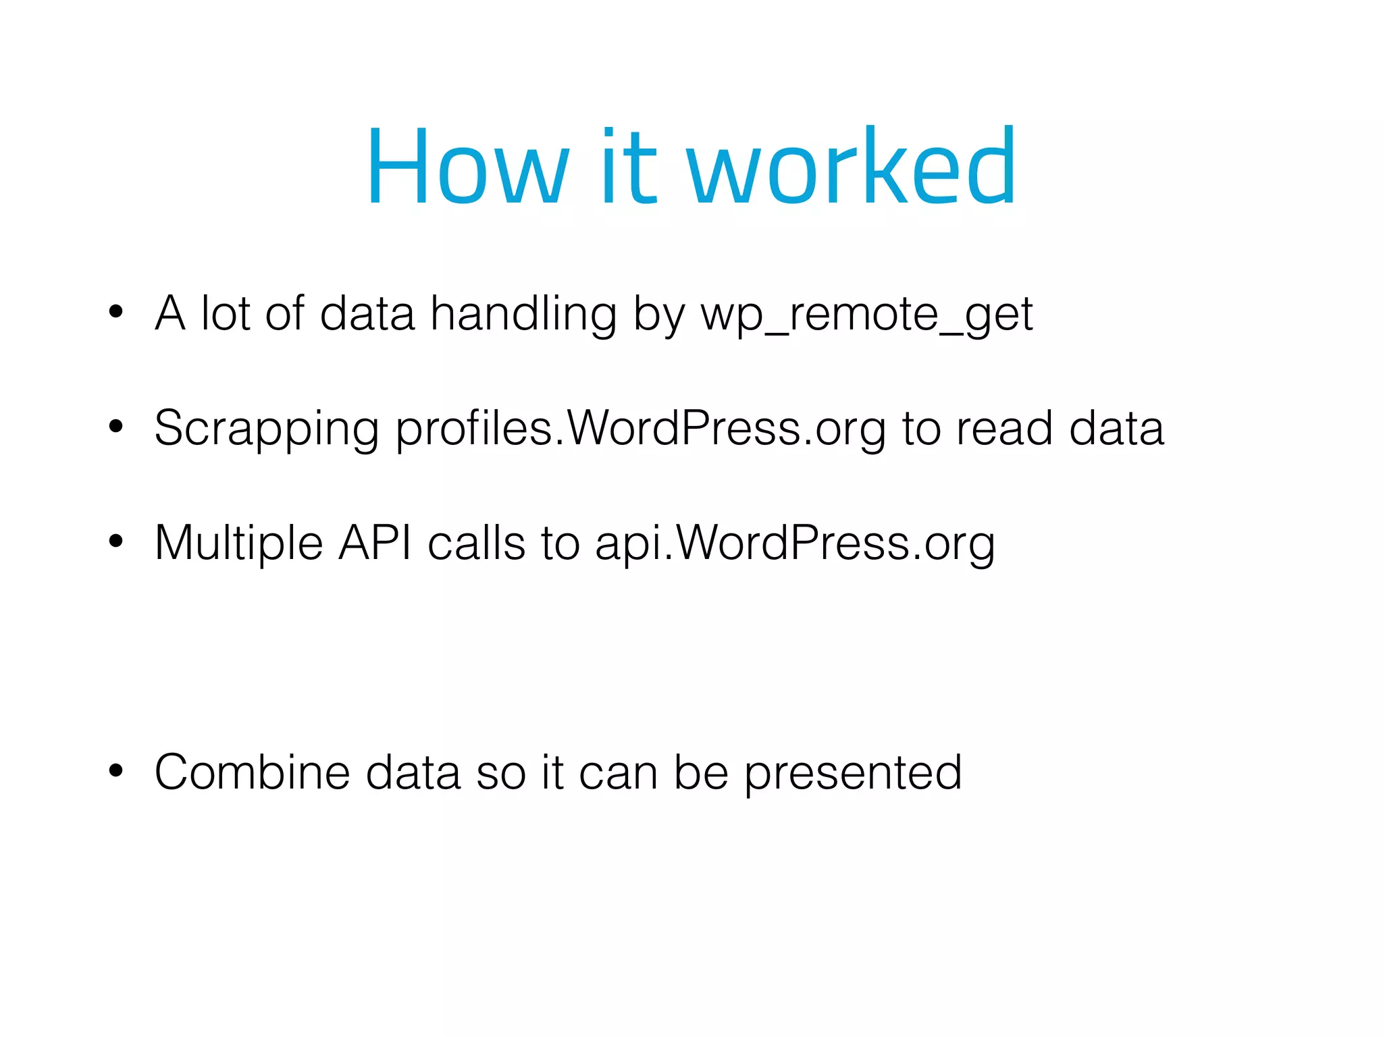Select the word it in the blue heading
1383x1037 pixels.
(627, 167)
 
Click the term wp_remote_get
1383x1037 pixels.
(867, 315)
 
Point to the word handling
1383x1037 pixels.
(523, 315)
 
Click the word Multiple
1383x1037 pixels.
(238, 543)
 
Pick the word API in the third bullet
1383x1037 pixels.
(375, 542)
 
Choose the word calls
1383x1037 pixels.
(476, 542)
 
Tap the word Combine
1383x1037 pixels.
(252, 772)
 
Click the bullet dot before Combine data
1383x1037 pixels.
(116, 770)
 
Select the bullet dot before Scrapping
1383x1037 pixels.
(116, 426)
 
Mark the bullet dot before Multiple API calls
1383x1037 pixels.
(116, 541)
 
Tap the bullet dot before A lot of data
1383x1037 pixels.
(116, 311)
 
